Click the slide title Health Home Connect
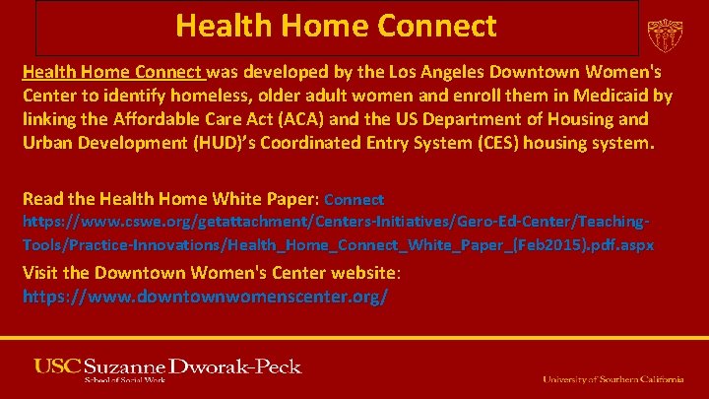(336, 26)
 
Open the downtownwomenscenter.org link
(205, 295)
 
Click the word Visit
(40, 272)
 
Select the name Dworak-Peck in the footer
(241, 366)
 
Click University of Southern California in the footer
(612, 379)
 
